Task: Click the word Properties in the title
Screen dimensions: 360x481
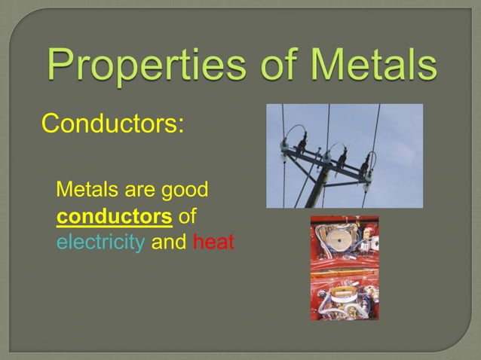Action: point(142,67)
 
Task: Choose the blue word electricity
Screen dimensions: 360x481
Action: point(101,243)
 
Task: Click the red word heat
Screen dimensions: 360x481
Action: point(214,243)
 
